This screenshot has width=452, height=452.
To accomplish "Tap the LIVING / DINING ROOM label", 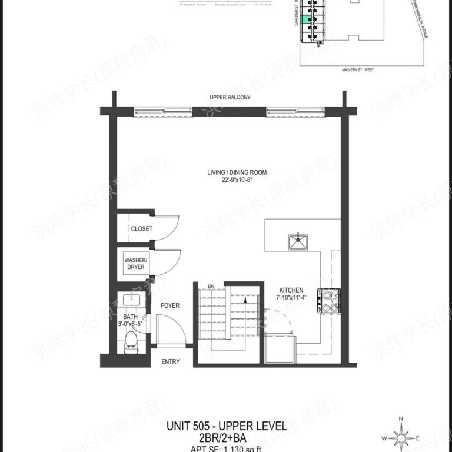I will (237, 172).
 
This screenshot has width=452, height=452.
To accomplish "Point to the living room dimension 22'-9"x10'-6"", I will (237, 181).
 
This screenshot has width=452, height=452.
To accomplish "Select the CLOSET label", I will (141, 229).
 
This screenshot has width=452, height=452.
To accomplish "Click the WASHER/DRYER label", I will (134, 262).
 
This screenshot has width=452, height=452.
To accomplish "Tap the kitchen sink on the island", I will (297, 242).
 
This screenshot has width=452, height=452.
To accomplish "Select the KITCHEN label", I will (291, 290).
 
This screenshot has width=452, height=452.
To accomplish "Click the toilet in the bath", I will (131, 342).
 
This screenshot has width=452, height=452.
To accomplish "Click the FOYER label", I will (170, 305).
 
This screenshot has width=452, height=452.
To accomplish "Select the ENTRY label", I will (170, 361).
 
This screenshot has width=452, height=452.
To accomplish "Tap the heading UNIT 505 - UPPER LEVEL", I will (226, 426).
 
